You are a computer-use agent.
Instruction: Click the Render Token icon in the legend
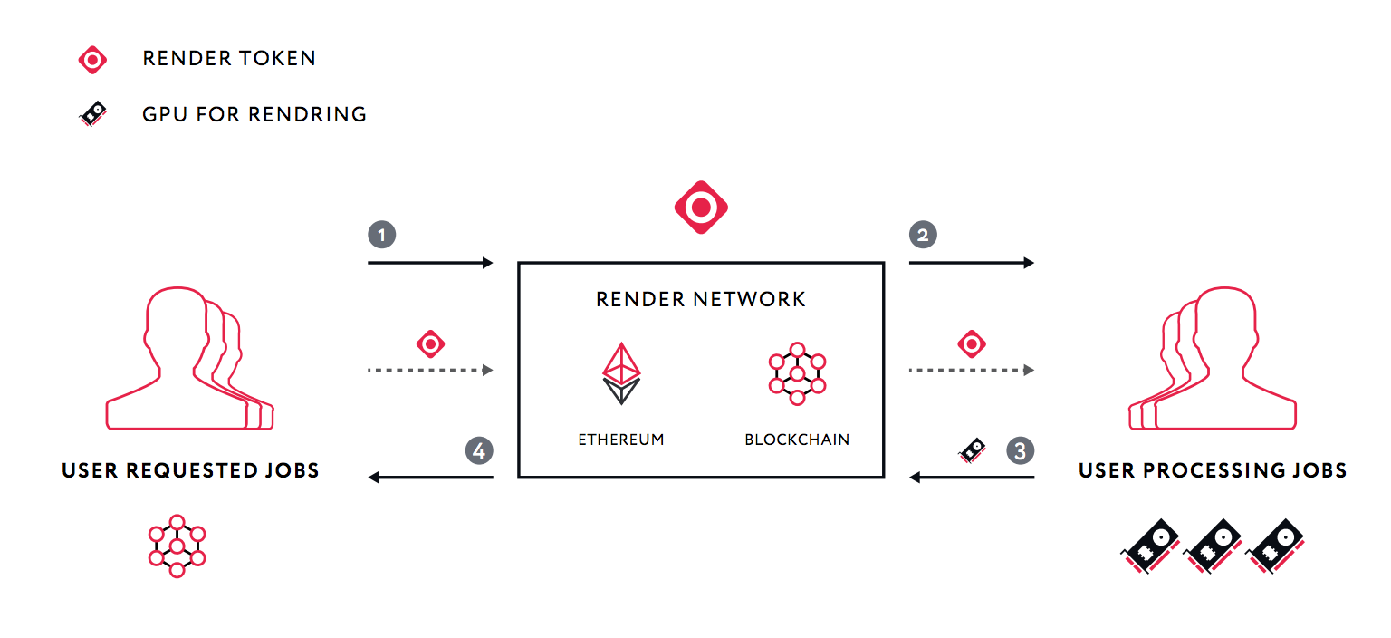pyautogui.click(x=92, y=60)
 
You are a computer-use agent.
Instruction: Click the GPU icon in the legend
pyautogui.click(x=92, y=114)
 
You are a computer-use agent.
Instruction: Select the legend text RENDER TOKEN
pyautogui.click(x=229, y=59)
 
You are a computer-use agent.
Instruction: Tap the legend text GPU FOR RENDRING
pyautogui.click(x=254, y=114)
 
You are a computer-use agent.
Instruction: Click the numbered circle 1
pyautogui.click(x=381, y=235)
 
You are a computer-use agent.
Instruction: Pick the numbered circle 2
pyautogui.click(x=923, y=235)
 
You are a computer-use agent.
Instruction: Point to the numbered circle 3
pyautogui.click(x=1020, y=450)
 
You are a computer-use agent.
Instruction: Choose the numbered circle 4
pyautogui.click(x=479, y=450)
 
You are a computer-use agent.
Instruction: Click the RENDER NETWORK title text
pyautogui.click(x=701, y=299)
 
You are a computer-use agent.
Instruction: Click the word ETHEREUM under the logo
pyautogui.click(x=621, y=440)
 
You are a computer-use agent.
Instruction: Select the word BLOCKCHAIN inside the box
pyautogui.click(x=797, y=440)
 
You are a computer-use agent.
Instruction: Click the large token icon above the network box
pyautogui.click(x=701, y=208)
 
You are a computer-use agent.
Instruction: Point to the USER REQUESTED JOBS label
pyautogui.click(x=190, y=470)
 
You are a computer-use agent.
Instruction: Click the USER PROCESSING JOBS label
pyautogui.click(x=1213, y=470)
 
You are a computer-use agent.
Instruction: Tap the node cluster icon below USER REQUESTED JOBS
pyautogui.click(x=177, y=546)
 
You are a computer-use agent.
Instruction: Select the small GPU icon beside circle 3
pyautogui.click(x=973, y=449)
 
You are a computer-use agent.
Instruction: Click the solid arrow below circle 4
pyautogui.click(x=431, y=477)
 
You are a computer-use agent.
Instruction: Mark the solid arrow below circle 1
pyautogui.click(x=431, y=263)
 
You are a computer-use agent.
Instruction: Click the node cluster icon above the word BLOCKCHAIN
pyautogui.click(x=797, y=373)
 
